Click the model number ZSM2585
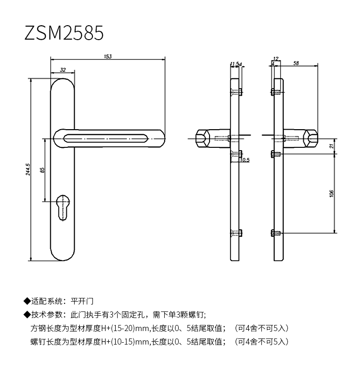(x=64, y=33)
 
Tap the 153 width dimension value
(x=108, y=56)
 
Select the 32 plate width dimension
(x=63, y=69)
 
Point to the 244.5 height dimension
(x=28, y=169)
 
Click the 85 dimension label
(x=42, y=170)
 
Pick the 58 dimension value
(x=296, y=63)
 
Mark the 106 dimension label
(x=331, y=193)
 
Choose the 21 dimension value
(x=331, y=145)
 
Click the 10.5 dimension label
(x=245, y=160)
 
